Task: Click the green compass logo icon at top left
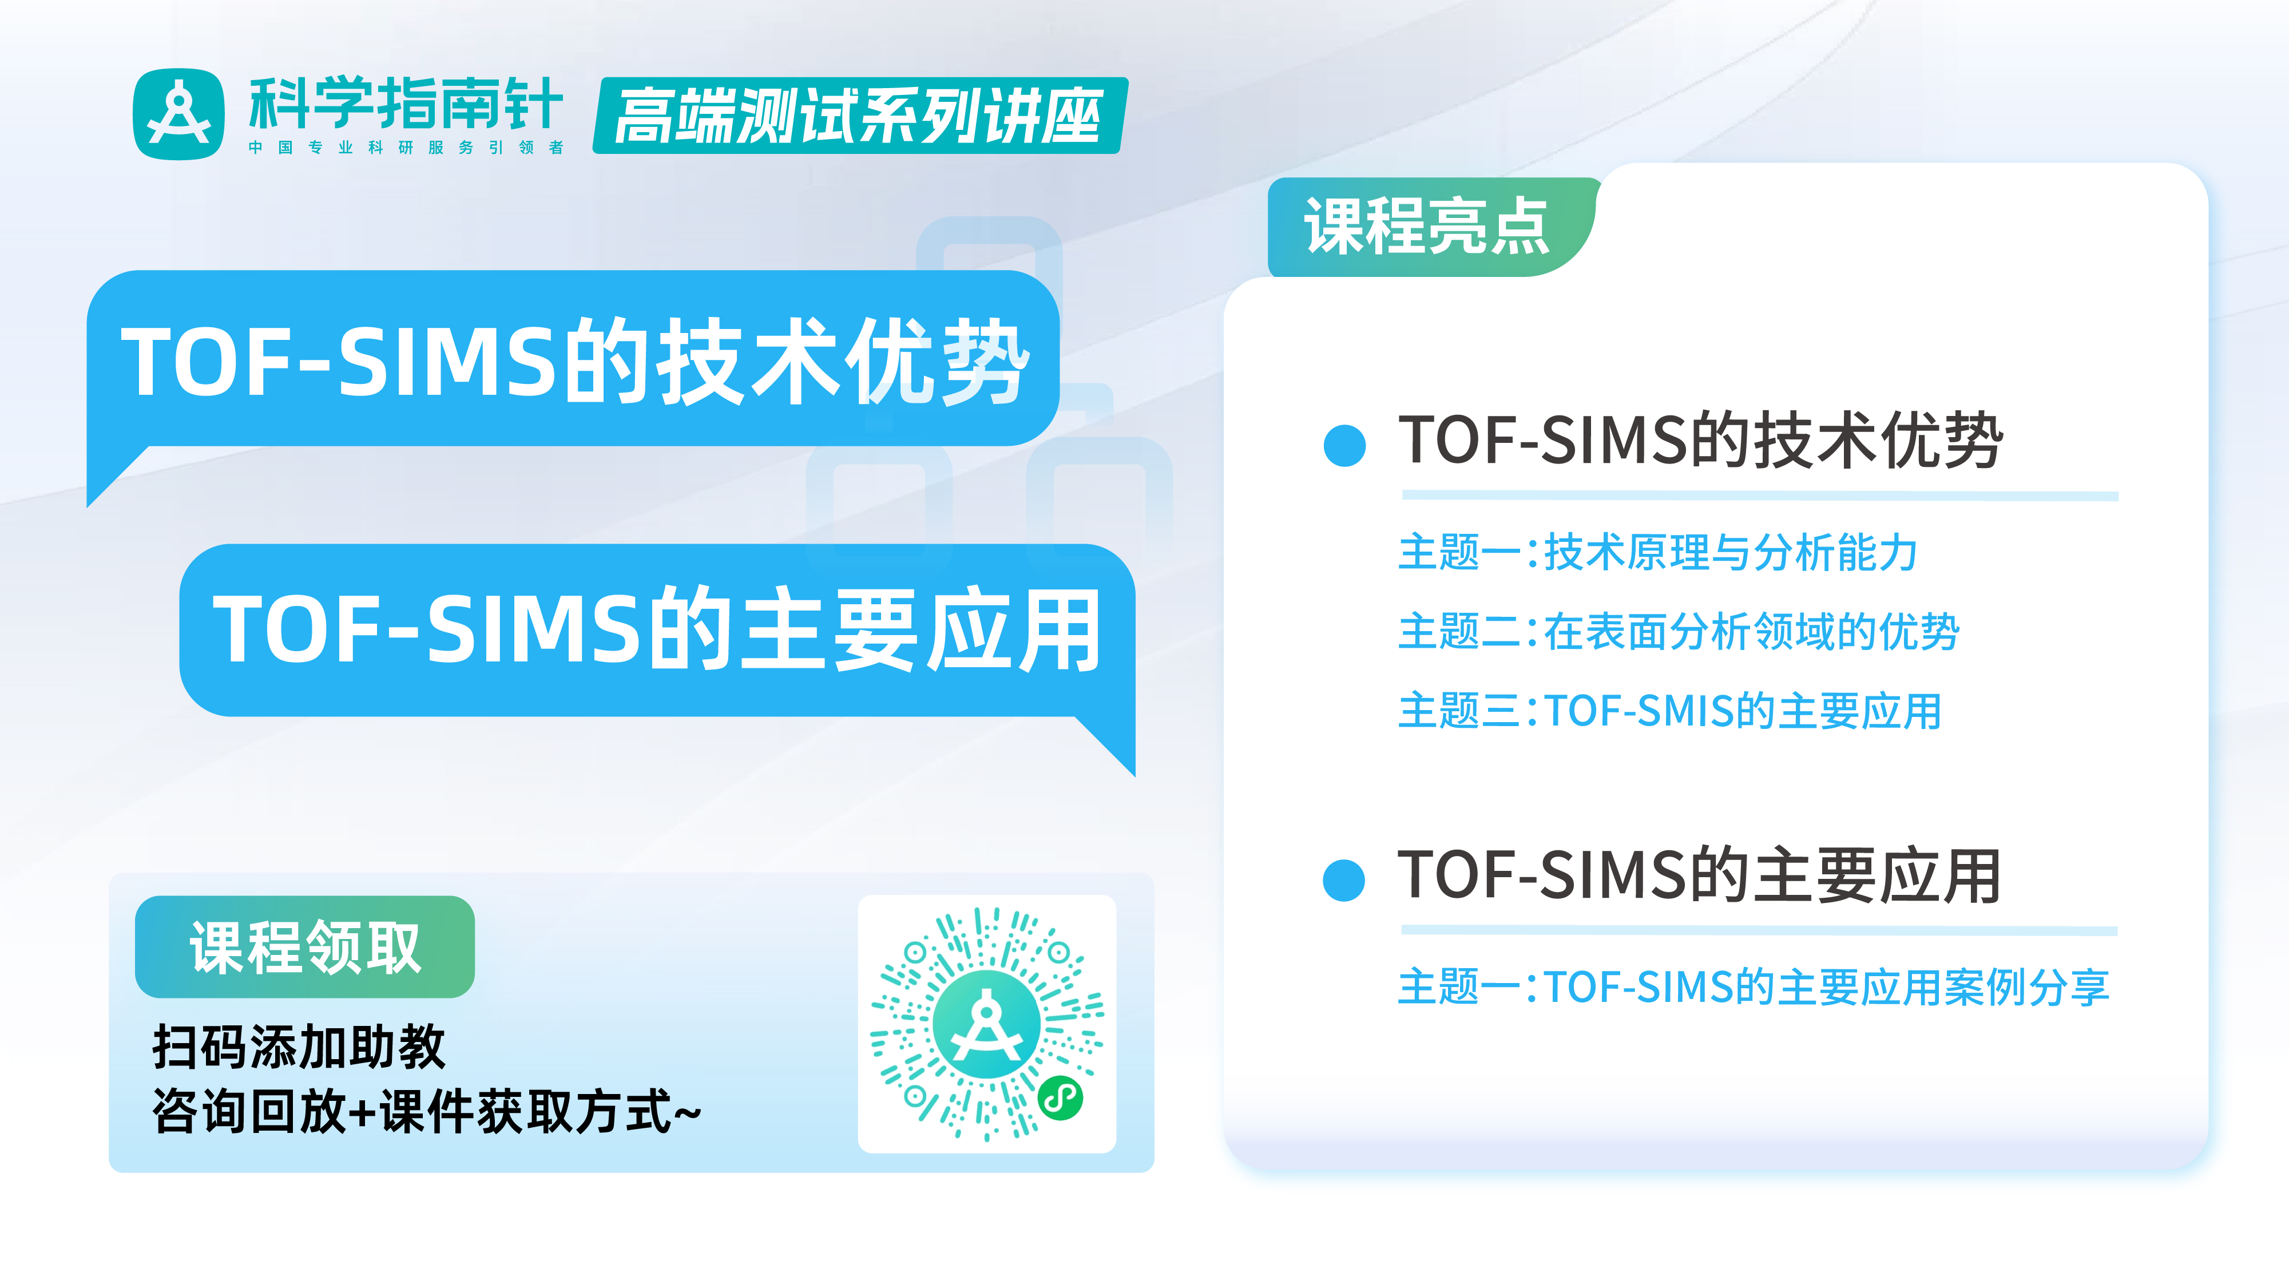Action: coord(178,114)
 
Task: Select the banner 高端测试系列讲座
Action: coord(859,116)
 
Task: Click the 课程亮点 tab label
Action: coord(1426,227)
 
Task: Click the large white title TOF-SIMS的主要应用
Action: coord(657,629)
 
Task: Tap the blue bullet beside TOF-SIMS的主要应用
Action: coord(1343,880)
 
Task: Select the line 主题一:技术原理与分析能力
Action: coord(1657,552)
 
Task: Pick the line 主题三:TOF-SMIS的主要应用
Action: coord(1669,711)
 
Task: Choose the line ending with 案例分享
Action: coord(1753,986)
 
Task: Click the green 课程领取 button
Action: coord(305,946)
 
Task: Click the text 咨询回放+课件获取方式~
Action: coord(427,1111)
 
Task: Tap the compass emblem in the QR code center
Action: coord(986,1024)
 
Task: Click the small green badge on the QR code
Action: coord(1060,1098)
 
